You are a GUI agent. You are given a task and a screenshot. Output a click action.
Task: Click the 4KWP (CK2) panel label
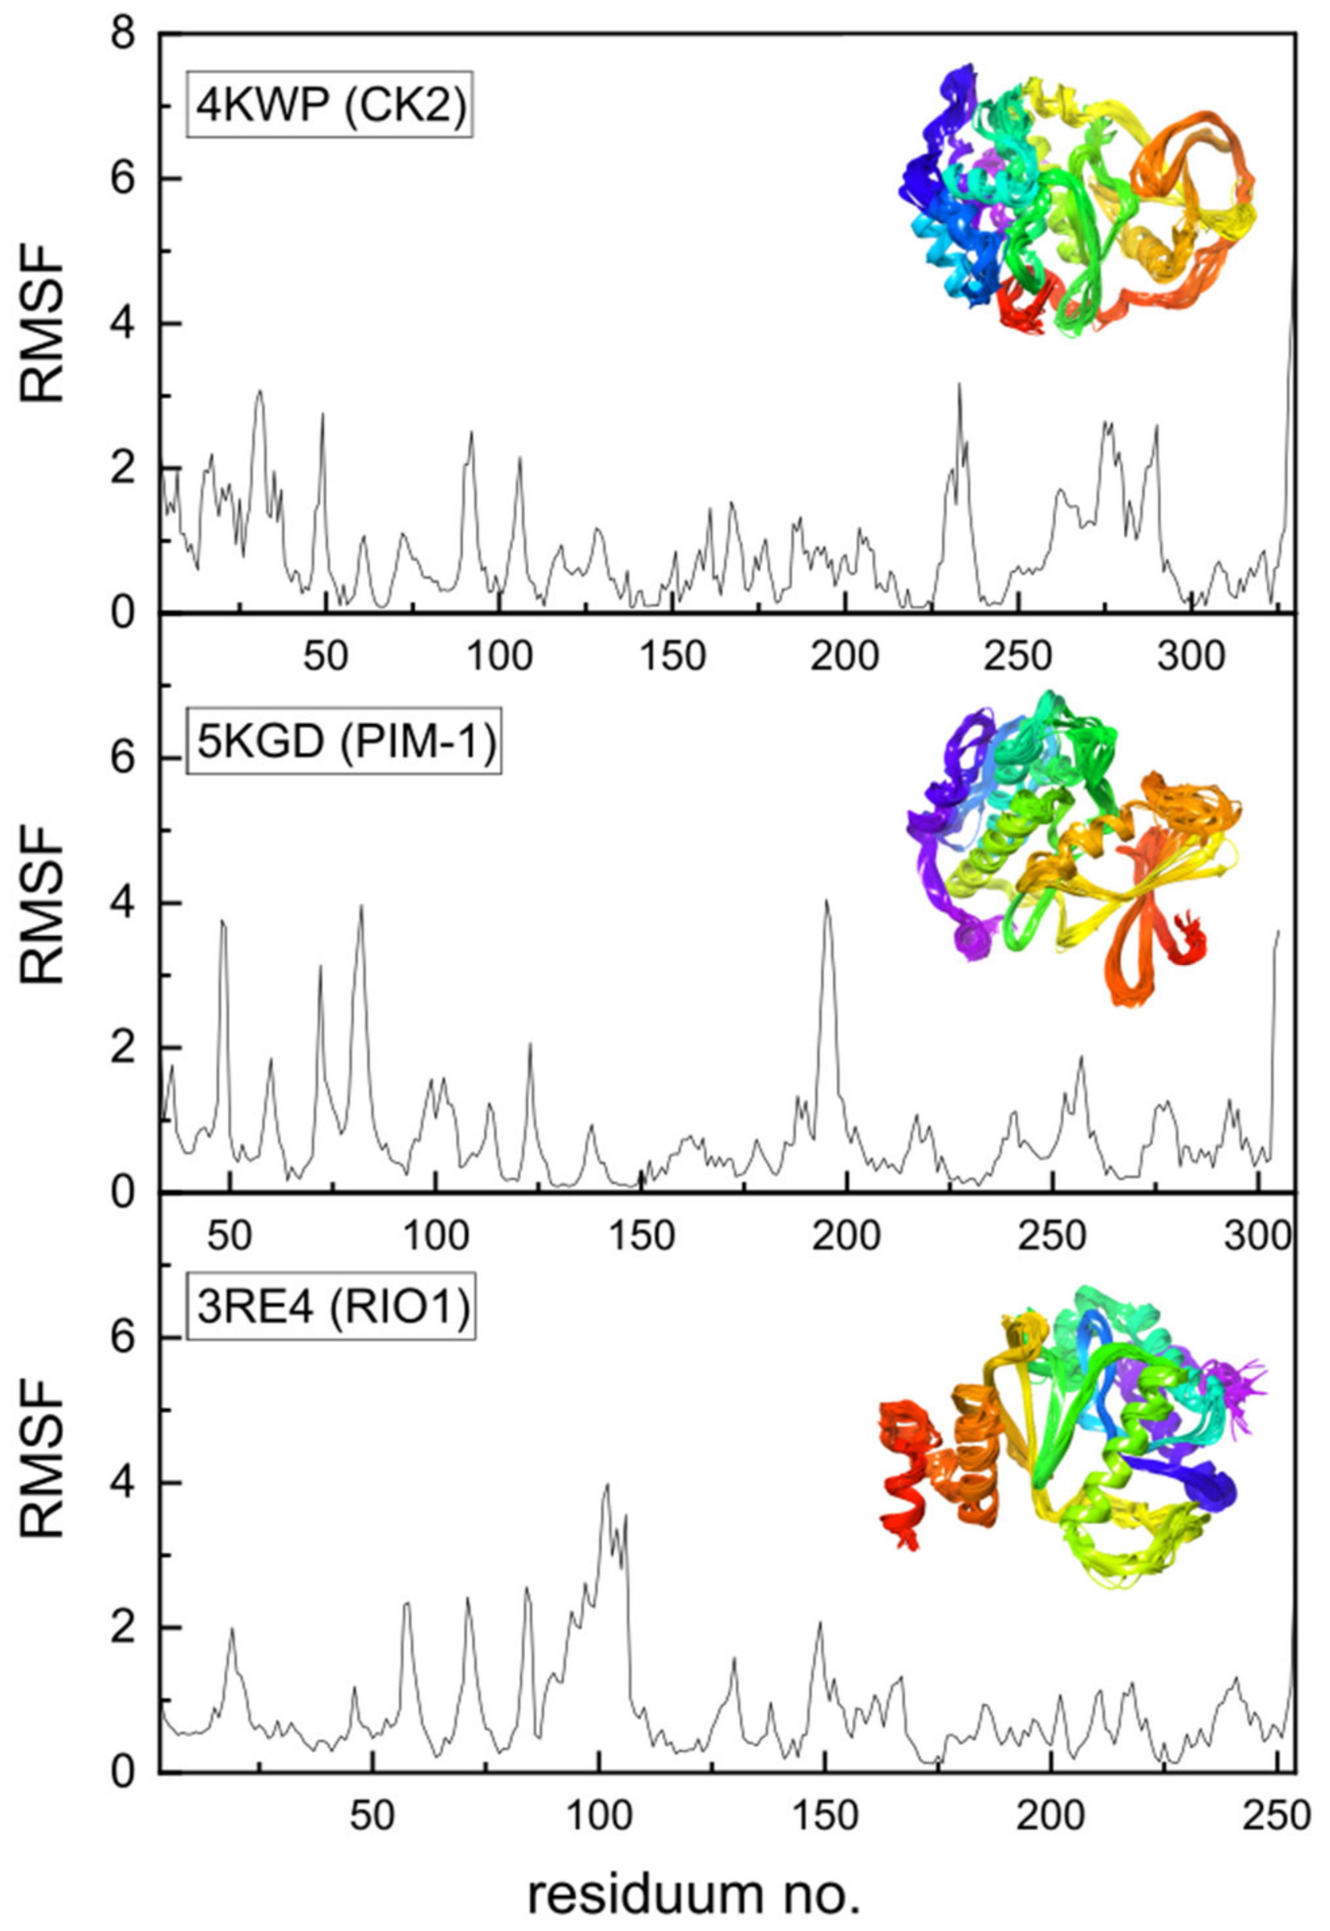[331, 108]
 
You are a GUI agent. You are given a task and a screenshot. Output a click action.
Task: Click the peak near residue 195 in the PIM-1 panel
[826, 902]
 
